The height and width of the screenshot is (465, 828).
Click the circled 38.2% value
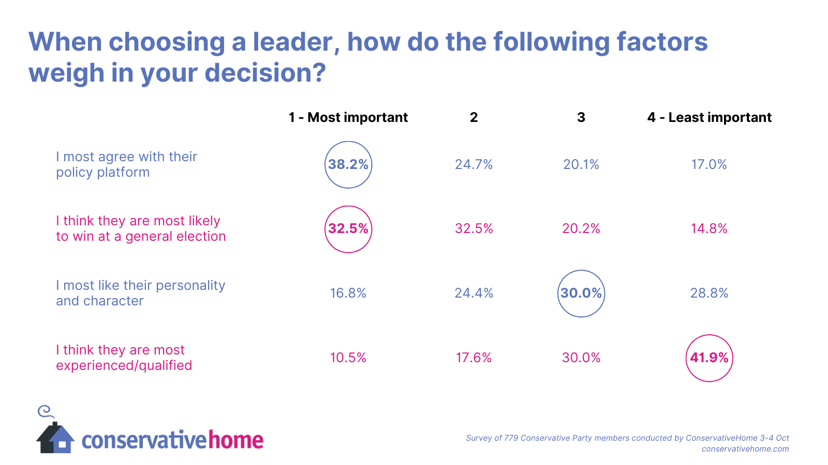coord(348,165)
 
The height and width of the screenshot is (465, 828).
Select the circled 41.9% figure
coord(709,358)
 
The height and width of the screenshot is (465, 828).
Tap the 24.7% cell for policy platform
coord(474,165)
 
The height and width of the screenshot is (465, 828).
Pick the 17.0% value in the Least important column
coord(709,165)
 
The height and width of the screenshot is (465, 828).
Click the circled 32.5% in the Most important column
coord(348,229)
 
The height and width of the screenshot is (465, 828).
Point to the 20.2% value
coord(581,229)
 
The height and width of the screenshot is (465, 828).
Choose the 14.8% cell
coord(709,229)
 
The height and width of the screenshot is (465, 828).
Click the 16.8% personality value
coord(348,293)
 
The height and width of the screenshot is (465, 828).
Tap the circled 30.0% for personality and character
coord(581,293)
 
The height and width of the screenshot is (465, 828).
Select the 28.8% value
coord(709,293)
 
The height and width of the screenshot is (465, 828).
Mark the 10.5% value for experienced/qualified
coord(348,358)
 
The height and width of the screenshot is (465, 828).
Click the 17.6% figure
coord(474,358)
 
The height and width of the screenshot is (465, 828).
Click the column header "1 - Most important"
coord(348,118)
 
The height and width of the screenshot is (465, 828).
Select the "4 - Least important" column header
coord(709,118)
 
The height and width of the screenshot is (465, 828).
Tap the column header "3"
coord(581,118)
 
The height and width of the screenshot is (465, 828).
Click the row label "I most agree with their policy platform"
coord(126,164)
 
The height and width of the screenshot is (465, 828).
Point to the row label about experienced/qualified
coord(124,358)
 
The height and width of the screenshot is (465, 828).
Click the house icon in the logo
coord(55,438)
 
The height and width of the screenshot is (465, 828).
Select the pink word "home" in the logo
coord(235,440)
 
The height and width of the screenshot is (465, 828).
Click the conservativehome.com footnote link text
coord(745,449)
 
